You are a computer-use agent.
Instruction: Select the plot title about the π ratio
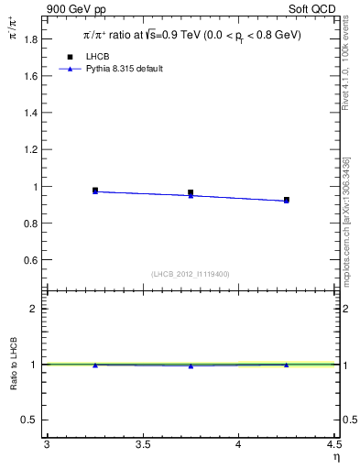[191, 36]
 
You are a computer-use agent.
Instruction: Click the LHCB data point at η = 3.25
[95, 191]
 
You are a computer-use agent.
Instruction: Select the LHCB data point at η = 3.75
[191, 193]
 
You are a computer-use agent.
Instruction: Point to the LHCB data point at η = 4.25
[287, 200]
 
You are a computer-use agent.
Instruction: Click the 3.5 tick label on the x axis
[142, 446]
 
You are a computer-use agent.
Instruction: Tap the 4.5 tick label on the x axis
[333, 446]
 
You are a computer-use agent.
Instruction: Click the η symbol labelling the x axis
[335, 459]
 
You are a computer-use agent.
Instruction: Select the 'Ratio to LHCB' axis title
[14, 364]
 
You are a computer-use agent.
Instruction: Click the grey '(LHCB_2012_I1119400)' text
[191, 274]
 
